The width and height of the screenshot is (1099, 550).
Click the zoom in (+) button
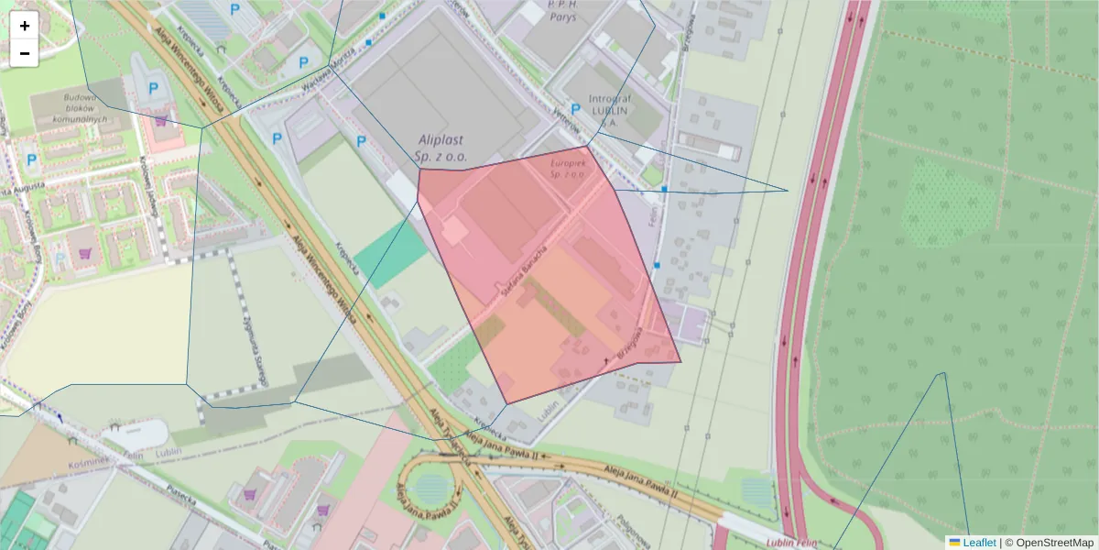point(25,26)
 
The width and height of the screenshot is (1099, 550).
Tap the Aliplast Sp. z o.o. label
point(441,148)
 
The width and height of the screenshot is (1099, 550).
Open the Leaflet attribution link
point(979,543)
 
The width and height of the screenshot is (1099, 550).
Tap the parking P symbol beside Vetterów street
point(575,108)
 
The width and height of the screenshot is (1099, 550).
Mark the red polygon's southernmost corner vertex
point(506,403)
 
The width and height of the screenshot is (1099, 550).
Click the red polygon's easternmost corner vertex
point(681,361)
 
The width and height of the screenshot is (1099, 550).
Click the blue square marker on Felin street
point(663,189)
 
